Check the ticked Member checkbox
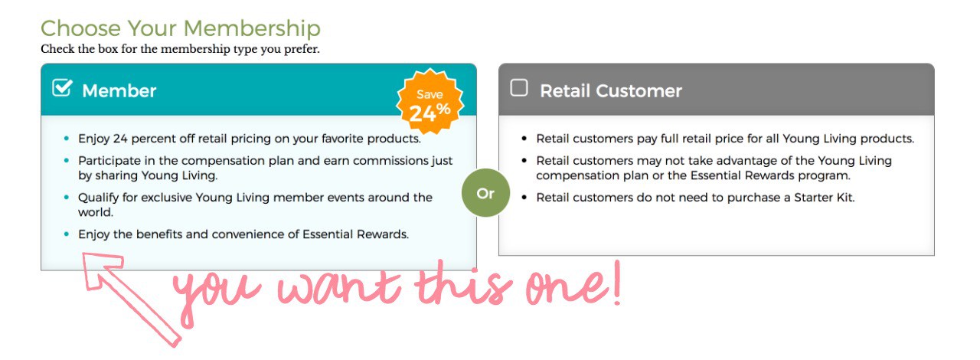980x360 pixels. coord(62,87)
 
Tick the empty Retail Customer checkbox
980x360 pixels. coord(519,87)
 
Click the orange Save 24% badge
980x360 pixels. coord(430,102)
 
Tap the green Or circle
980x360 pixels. coord(485,193)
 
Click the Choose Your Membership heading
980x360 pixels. coord(181,28)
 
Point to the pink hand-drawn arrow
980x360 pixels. coord(131,299)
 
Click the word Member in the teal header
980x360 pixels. coord(119,91)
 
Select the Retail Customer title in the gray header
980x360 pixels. coord(611,91)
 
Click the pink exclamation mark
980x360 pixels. coord(617,283)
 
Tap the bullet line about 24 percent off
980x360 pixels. coord(250,139)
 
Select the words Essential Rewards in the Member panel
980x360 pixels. coord(355,234)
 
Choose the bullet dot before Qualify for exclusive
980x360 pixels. coord(67,197)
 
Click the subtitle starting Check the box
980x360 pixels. coord(180,49)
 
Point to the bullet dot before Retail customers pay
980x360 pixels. coord(524,139)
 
